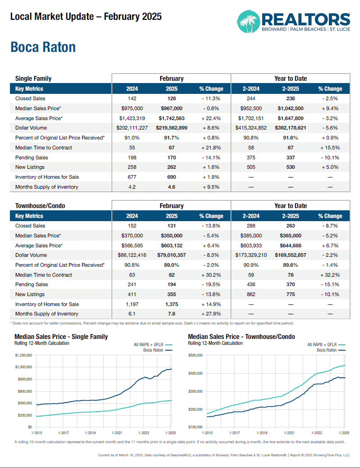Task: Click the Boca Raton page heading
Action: coord(43,47)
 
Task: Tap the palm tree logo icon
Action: coord(248,22)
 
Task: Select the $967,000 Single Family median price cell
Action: coord(171,108)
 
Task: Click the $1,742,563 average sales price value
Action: coord(171,118)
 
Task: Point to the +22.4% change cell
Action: coord(211,118)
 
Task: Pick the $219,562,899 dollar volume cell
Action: coord(171,128)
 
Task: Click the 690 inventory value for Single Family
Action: coord(171,177)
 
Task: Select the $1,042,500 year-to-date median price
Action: coord(290,108)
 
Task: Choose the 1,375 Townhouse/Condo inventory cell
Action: coord(171,304)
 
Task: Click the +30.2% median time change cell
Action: coord(211,275)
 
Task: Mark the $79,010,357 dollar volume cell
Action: coord(171,255)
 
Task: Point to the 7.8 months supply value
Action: coord(171,314)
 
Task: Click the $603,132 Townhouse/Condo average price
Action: coord(171,246)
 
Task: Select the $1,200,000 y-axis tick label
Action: coord(24,356)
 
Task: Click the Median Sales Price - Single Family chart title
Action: coord(61,337)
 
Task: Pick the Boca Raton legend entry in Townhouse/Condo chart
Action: coord(327,350)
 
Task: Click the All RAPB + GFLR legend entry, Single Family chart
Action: coord(147,345)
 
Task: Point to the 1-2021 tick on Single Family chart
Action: coord(117,432)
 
